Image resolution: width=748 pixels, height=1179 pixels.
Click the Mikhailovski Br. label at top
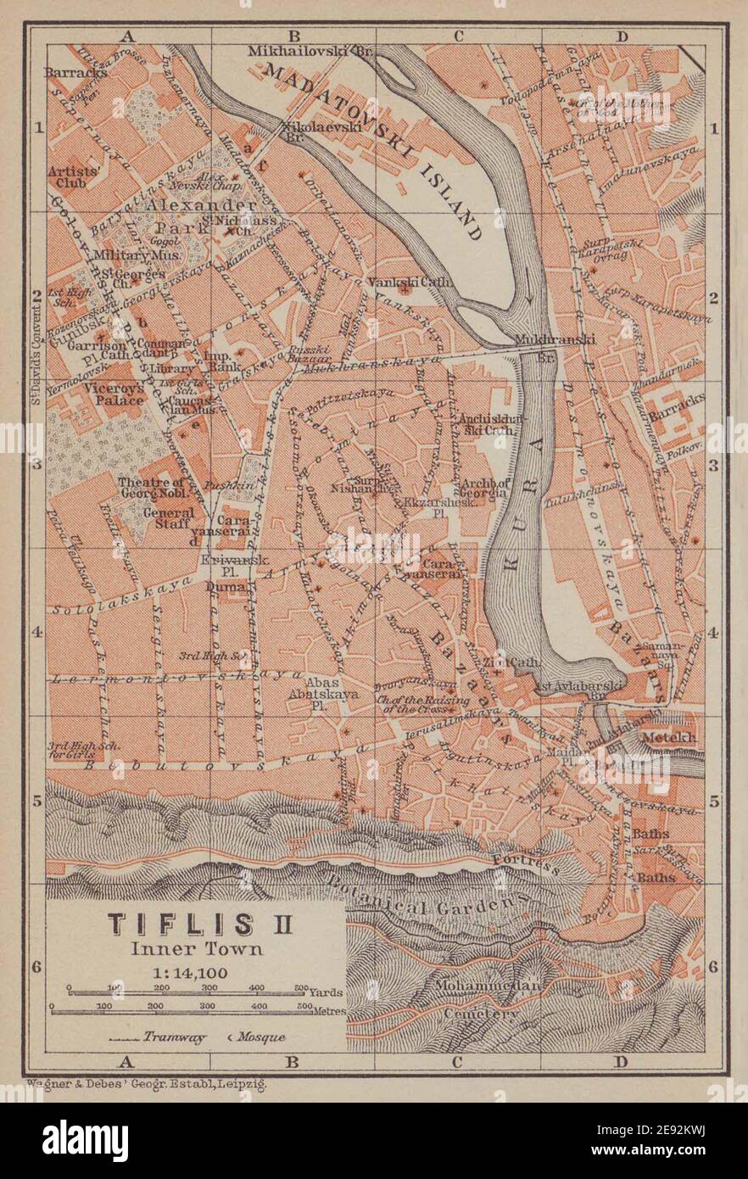[x=310, y=52]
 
